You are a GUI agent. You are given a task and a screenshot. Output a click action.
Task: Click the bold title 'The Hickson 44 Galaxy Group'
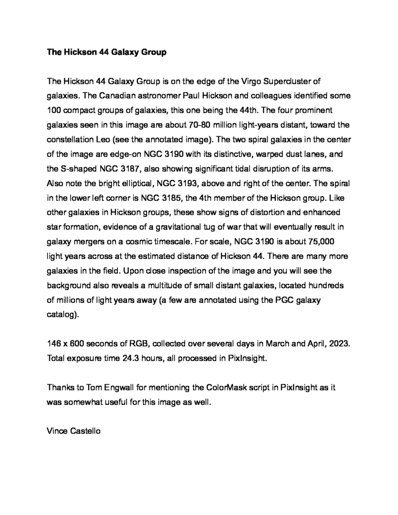click(106, 52)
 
